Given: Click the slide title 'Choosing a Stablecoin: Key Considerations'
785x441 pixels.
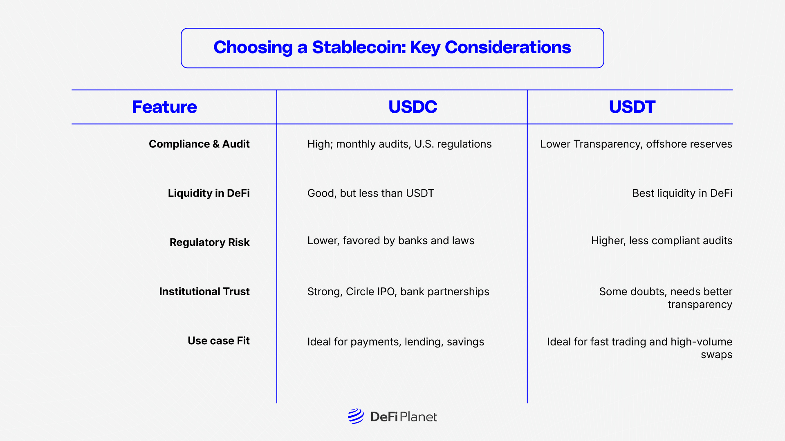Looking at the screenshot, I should (x=392, y=47).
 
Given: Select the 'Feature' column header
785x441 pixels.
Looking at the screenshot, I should (x=164, y=107).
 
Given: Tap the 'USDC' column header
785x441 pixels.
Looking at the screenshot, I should (x=413, y=107).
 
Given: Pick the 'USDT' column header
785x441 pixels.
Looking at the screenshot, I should (x=632, y=107).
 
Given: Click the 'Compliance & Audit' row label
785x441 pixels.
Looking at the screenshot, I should (x=199, y=144).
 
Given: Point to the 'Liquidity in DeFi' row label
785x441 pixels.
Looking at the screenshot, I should (x=209, y=193).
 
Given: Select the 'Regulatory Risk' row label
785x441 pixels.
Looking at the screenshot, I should (x=209, y=242).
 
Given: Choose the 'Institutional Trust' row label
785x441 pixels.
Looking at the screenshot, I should (x=204, y=292).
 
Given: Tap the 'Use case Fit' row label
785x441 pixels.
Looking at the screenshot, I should (x=218, y=341).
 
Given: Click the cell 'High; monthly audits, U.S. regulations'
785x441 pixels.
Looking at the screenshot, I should (x=399, y=144).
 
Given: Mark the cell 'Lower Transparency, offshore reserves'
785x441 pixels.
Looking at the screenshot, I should (x=636, y=144).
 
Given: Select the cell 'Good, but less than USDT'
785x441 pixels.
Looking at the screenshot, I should (x=370, y=193).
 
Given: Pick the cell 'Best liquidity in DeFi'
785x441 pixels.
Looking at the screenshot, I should (x=682, y=193).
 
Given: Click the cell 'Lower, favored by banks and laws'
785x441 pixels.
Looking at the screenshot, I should (x=390, y=241).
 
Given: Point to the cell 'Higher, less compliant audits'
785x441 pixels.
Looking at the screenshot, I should (x=661, y=241).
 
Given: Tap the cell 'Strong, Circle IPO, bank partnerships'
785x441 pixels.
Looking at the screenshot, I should (x=398, y=292).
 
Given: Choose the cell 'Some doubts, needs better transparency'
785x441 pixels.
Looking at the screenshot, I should (x=665, y=298).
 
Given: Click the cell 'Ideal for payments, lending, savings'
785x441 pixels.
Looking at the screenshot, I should (x=395, y=342).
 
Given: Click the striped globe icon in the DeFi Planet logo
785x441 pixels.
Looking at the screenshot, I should (x=356, y=416).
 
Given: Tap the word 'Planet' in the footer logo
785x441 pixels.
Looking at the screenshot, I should (x=418, y=417).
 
